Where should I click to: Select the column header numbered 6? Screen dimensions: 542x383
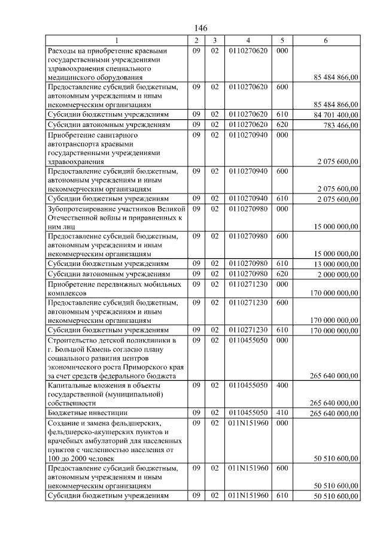[x=326, y=40]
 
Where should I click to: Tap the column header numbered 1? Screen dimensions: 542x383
[x=117, y=40]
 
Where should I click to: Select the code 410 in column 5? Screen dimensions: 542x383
[x=282, y=414]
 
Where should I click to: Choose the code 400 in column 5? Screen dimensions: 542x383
[x=282, y=386]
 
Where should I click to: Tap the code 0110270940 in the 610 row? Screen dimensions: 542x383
[x=248, y=198]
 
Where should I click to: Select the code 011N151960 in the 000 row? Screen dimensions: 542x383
[x=248, y=423]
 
